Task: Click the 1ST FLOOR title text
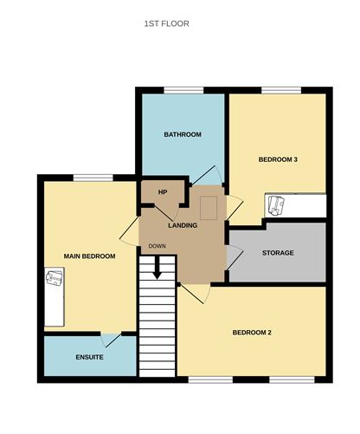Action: pyautogui.click(x=167, y=23)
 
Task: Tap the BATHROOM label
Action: pyautogui.click(x=183, y=134)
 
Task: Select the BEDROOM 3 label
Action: pyautogui.click(x=278, y=159)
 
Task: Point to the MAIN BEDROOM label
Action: pyautogui.click(x=89, y=256)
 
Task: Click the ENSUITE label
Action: pyautogui.click(x=89, y=357)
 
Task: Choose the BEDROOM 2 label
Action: pyautogui.click(x=252, y=333)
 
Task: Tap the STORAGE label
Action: pyautogui.click(x=278, y=253)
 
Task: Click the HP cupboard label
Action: pyautogui.click(x=163, y=192)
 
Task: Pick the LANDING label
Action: pyautogui.click(x=183, y=225)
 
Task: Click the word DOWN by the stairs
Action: pyautogui.click(x=157, y=246)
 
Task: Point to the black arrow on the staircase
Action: pyautogui.click(x=157, y=268)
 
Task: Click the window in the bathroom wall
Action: pyautogui.click(x=183, y=90)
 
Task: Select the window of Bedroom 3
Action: pyautogui.click(x=281, y=90)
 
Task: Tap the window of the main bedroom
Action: pyautogui.click(x=93, y=178)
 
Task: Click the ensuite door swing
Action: pyautogui.click(x=111, y=340)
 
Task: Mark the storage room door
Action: pyautogui.click(x=235, y=257)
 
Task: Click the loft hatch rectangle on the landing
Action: pyautogui.click(x=209, y=208)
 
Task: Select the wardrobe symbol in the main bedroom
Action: pyautogui.click(x=55, y=297)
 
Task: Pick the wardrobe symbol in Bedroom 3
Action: pyautogui.click(x=295, y=205)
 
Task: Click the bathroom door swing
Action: pyautogui.click(x=207, y=175)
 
